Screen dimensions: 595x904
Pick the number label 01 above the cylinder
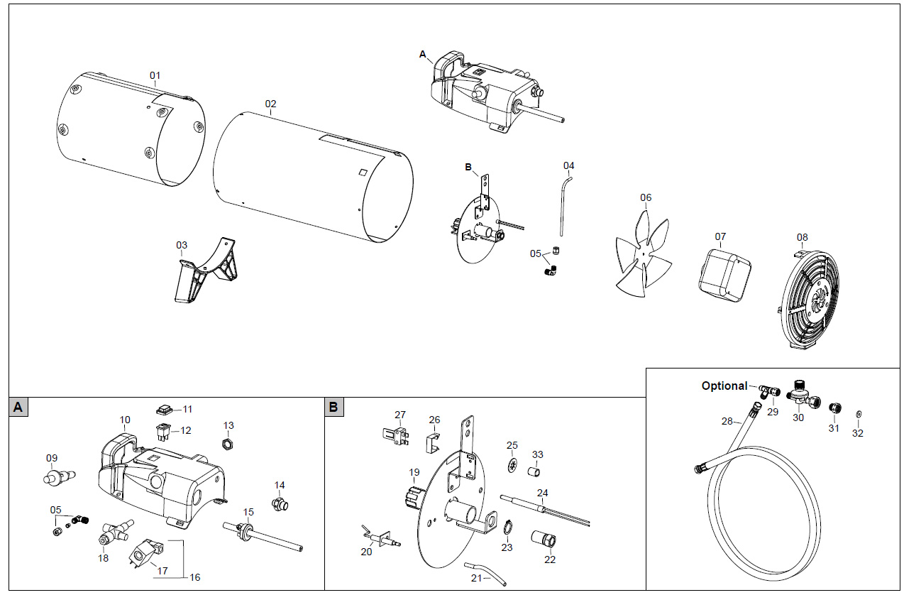pyautogui.click(x=155, y=75)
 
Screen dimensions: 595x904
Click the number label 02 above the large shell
pyautogui.click(x=270, y=104)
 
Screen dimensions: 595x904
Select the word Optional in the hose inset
pyautogui.click(x=724, y=386)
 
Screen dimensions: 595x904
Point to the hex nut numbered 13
pyautogui.click(x=228, y=444)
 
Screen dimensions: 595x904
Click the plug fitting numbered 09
pyautogui.click(x=57, y=477)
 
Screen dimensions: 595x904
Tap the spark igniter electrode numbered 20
pyautogui.click(x=383, y=536)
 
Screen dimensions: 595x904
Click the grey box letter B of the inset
pyautogui.click(x=334, y=407)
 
